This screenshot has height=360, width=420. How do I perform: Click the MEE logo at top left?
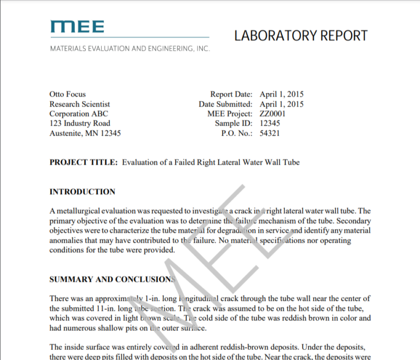click(x=77, y=26)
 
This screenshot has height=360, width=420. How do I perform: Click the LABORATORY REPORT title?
click(x=301, y=36)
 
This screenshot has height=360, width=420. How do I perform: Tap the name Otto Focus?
click(x=68, y=94)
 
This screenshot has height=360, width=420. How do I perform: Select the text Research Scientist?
click(x=80, y=104)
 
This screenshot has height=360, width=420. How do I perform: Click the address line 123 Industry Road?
click(x=80, y=124)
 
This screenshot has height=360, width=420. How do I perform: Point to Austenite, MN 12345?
click(x=85, y=133)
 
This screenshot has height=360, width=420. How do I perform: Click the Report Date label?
click(x=231, y=94)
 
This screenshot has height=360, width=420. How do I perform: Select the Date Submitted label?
click(x=225, y=104)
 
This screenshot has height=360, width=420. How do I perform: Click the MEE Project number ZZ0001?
click(x=273, y=114)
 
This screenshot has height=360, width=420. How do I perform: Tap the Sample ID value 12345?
click(x=270, y=124)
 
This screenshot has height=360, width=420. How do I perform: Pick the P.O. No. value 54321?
click(x=270, y=133)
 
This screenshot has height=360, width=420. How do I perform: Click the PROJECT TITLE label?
click(x=83, y=162)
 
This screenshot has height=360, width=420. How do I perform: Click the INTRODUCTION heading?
click(x=83, y=192)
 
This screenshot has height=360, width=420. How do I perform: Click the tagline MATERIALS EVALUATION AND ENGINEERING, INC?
click(x=130, y=49)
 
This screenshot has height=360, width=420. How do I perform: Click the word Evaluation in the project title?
click(x=141, y=162)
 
